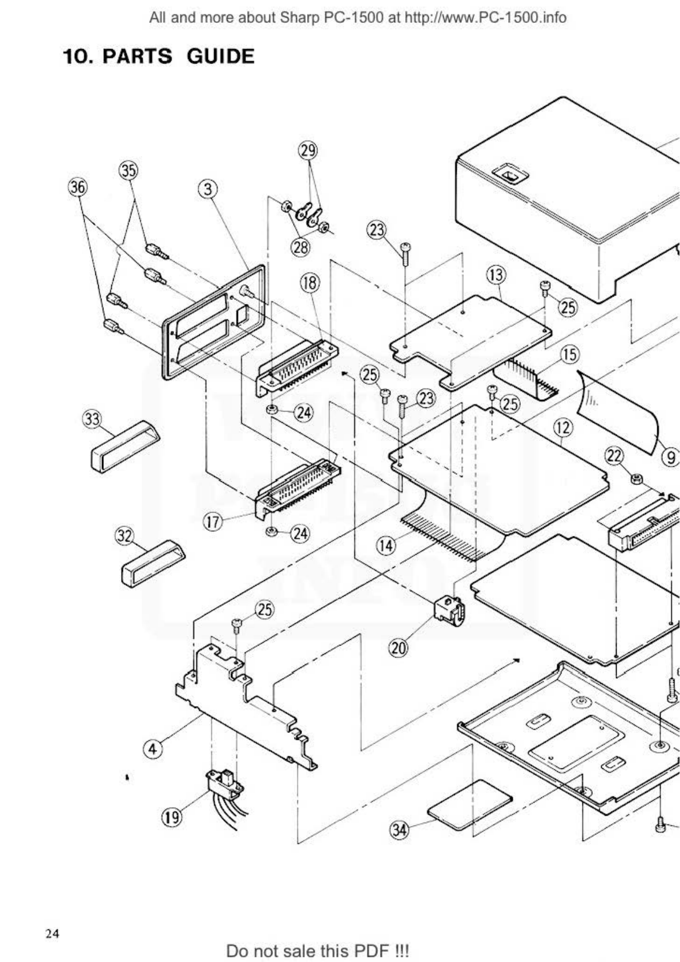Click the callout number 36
78,187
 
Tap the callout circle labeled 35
128,171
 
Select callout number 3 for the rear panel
208,189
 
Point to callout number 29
308,151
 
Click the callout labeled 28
300,247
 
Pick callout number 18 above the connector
311,282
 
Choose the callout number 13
496,275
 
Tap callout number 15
569,355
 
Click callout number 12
563,426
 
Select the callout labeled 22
614,456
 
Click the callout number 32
124,536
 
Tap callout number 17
214,522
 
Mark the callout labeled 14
386,546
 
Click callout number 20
399,648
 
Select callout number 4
152,748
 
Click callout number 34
399,829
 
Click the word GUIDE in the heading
220,57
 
